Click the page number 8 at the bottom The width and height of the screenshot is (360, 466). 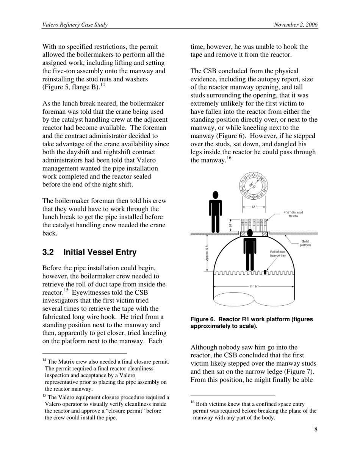316,429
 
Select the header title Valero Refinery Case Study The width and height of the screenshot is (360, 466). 75,25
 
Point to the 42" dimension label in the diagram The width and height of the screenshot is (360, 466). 254,206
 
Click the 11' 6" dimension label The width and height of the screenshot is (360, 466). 254,286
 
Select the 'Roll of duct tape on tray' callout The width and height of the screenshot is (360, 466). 278,253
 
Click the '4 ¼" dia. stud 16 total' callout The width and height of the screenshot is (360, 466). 293,214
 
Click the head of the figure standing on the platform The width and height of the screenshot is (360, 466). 216,195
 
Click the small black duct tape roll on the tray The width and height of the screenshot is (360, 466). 265,272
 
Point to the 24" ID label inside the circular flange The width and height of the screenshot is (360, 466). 253,185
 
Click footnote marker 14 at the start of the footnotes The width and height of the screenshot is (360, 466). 44,360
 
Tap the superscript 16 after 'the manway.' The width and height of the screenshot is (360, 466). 229,158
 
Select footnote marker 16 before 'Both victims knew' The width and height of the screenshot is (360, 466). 192,403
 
